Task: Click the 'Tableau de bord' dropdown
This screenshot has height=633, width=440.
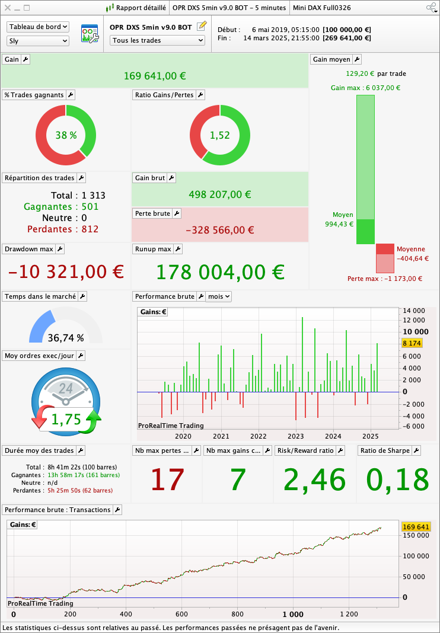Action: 38,27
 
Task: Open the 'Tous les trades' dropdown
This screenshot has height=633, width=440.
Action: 157,40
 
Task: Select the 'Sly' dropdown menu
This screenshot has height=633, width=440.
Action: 38,41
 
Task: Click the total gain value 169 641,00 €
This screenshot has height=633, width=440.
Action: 155,76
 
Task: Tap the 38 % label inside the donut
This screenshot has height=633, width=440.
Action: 66,135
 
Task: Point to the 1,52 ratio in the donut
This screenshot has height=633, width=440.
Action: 219,135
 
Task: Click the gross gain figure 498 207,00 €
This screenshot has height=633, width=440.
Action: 219,194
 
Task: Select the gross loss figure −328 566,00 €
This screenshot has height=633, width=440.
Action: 219,230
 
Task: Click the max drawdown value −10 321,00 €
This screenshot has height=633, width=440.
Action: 66,272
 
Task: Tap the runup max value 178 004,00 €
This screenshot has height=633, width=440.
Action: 219,272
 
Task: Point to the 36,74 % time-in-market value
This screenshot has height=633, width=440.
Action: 66,338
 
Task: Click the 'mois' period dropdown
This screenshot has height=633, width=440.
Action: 218,296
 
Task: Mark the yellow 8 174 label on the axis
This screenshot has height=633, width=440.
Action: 412,343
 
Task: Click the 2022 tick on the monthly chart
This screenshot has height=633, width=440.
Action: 258,436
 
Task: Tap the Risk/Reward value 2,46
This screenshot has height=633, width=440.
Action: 314,479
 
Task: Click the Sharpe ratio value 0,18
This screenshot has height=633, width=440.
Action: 397,479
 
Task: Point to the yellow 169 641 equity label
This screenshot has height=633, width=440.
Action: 415,527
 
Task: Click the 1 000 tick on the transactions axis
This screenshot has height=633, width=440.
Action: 293,614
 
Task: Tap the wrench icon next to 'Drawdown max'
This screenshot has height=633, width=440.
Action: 60,249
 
